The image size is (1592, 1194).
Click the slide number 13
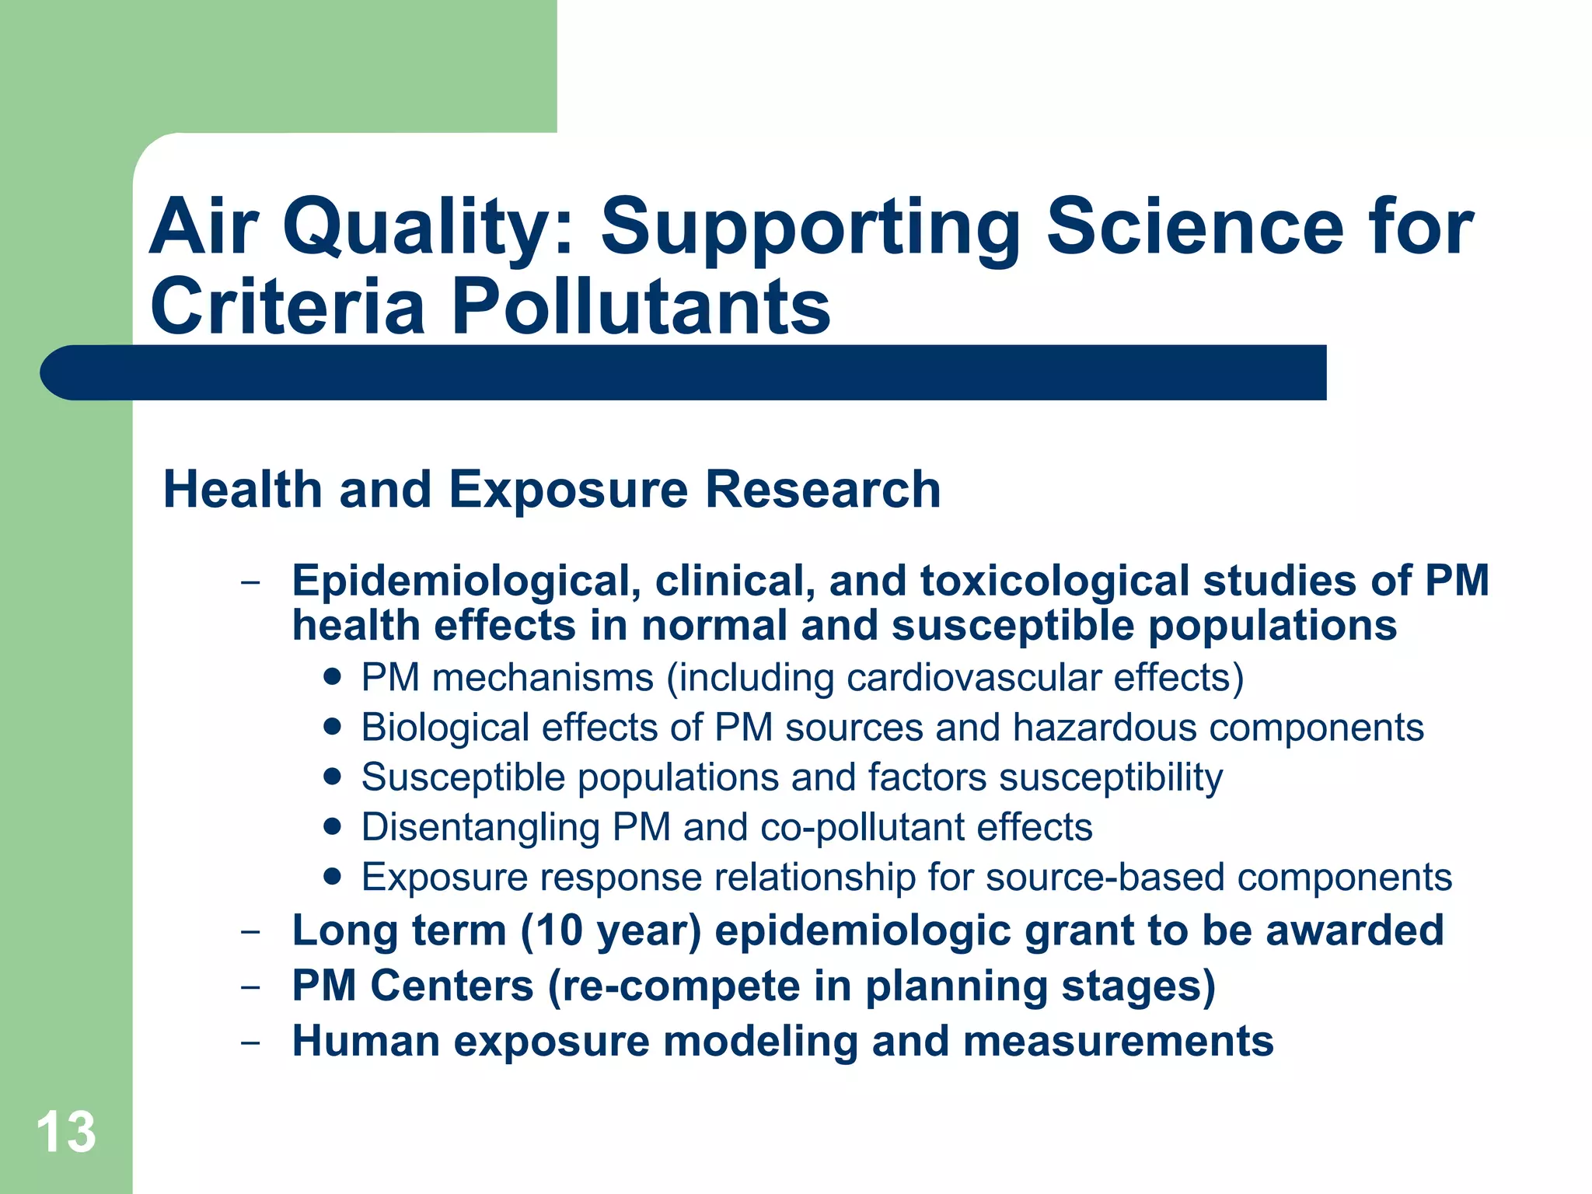click(66, 1132)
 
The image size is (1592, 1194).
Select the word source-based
click(1105, 877)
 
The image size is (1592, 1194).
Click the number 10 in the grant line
click(557, 930)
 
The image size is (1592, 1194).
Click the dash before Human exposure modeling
click(250, 1042)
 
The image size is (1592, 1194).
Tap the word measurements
click(1118, 1041)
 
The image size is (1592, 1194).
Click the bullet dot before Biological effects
click(333, 726)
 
